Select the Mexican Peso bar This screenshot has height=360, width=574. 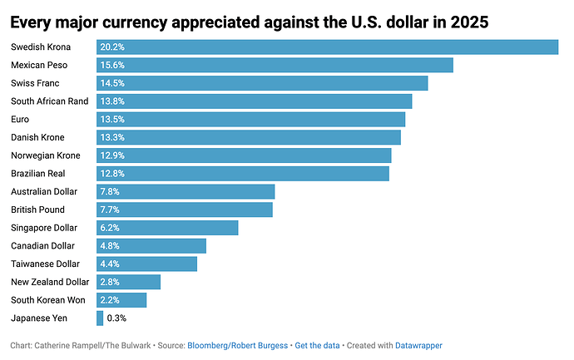(275, 65)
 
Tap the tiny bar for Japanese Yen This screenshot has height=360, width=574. (100, 318)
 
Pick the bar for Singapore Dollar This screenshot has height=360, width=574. (167, 227)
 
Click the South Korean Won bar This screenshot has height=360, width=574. (121, 299)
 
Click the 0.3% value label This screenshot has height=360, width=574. (116, 318)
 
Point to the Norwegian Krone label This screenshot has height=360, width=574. (44, 155)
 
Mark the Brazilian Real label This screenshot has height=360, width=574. (38, 173)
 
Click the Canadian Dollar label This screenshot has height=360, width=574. (43, 245)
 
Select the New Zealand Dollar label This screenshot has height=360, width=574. (50, 282)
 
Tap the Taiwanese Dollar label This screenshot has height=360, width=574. (46, 264)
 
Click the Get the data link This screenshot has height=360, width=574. (319, 344)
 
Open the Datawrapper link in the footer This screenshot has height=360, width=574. (418, 344)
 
